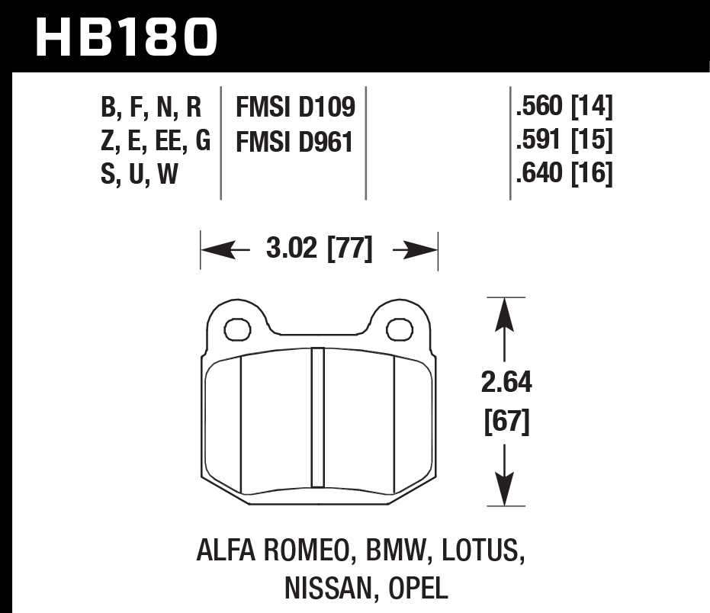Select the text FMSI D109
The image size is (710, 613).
(296, 108)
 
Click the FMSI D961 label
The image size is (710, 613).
(296, 141)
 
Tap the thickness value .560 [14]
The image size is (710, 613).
(564, 108)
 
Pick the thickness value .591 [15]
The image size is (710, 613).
(564, 141)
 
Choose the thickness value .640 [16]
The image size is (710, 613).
(564, 174)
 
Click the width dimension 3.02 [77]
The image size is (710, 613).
(320, 249)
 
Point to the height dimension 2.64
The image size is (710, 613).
(506, 382)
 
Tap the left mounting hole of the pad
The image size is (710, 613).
(238, 329)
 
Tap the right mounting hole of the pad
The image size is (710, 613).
(398, 329)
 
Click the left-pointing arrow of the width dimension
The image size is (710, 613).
(220, 250)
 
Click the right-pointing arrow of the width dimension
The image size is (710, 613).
(419, 250)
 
